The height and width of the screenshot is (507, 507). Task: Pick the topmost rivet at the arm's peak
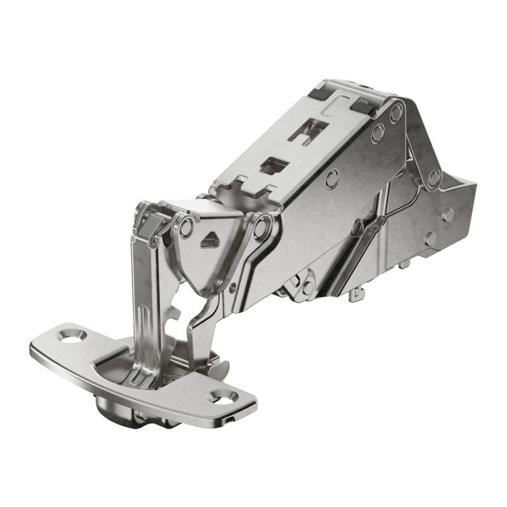point(397,114)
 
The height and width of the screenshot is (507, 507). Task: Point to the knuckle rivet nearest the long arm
point(262,222)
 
